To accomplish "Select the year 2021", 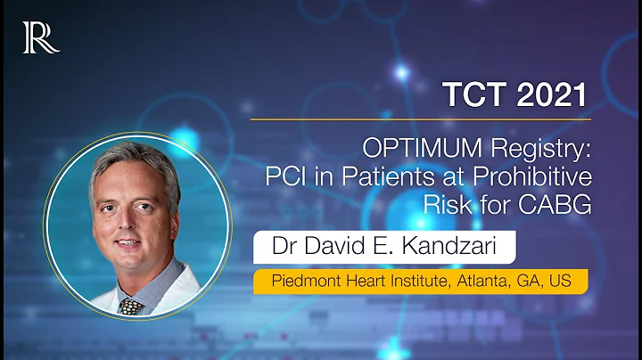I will coord(553,92).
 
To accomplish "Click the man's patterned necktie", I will coord(132,305).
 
